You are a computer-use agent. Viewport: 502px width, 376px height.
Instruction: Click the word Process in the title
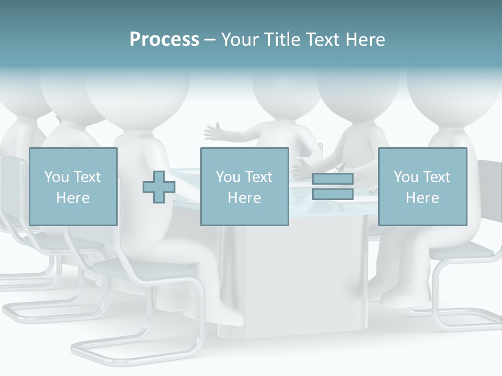[x=164, y=39]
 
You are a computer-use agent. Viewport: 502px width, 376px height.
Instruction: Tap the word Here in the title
[x=364, y=39]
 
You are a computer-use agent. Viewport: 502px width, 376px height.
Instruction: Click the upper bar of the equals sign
[x=333, y=179]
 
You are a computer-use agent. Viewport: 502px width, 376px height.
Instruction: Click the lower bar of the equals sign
[x=333, y=194]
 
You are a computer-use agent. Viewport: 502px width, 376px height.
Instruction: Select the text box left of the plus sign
[x=73, y=186]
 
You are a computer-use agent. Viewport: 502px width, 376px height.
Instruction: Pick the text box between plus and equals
[x=244, y=186]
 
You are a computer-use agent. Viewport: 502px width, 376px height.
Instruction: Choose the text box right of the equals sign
[x=422, y=186]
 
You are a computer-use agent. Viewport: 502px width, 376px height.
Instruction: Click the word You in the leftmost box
[x=56, y=177]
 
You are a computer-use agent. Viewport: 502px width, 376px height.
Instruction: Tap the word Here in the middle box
[x=244, y=198]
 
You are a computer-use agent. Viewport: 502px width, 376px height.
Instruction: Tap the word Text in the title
[x=323, y=39]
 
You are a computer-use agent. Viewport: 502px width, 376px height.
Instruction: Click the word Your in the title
[x=239, y=39]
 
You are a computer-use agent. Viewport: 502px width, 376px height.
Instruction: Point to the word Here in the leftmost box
[x=73, y=198]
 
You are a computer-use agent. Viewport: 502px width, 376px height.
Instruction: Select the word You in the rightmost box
[x=406, y=177]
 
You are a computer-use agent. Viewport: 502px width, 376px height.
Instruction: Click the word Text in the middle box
[x=259, y=177]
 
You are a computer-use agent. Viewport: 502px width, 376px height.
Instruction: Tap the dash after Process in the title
[x=210, y=40]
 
